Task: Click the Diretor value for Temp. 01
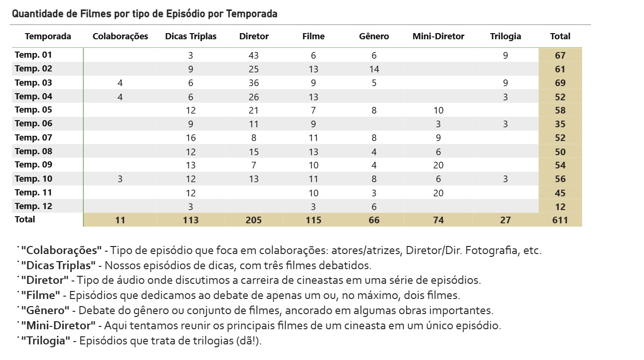point(253,55)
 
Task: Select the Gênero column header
point(374,36)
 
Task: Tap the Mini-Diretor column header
point(438,36)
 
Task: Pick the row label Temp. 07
point(34,138)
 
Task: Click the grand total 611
point(560,220)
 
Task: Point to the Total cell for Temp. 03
point(560,83)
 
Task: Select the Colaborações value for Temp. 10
point(120,179)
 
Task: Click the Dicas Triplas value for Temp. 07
point(191,138)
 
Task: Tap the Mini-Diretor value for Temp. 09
point(438,165)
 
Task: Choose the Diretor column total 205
point(253,220)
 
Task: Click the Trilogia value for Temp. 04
point(505,97)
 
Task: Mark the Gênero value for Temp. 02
point(374,69)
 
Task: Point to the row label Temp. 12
point(34,206)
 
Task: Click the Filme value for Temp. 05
point(313,110)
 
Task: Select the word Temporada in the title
point(252,14)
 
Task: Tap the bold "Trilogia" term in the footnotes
point(46,341)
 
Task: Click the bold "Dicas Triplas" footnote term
point(58,265)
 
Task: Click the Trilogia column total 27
point(505,220)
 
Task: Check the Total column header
point(560,36)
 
